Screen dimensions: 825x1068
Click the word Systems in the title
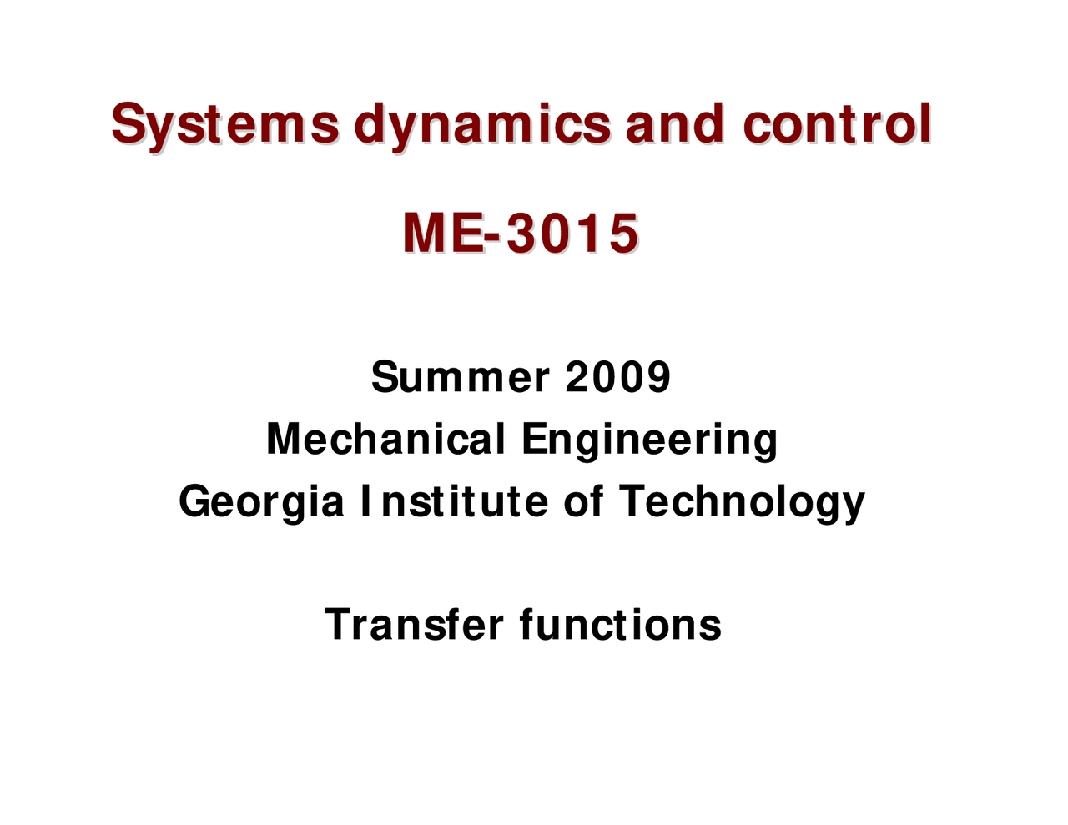pos(225,125)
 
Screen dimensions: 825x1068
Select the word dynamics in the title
pos(482,127)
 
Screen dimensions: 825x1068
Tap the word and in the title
pos(674,125)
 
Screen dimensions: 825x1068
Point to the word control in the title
pos(837,125)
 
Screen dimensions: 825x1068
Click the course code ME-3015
pos(521,234)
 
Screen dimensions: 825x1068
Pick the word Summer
pos(461,377)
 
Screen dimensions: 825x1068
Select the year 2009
pos(617,377)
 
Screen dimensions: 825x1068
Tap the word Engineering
pos(649,440)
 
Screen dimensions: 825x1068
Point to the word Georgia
pos(261,502)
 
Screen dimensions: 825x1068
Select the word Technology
pos(742,502)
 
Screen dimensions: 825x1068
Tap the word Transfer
pos(414,624)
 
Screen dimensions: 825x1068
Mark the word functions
pos(620,624)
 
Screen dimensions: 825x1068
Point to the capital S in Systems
pos(128,125)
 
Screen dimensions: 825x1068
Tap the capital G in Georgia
pos(195,502)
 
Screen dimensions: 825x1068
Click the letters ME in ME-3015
pos(442,234)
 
